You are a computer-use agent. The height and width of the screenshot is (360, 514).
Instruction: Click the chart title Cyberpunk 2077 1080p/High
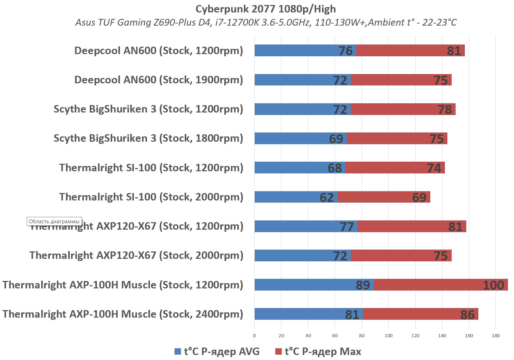(x=265, y=9)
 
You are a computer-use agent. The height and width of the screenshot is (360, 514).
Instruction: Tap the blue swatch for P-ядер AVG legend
(x=178, y=352)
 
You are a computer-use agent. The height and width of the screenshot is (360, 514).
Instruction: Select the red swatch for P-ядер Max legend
(x=279, y=352)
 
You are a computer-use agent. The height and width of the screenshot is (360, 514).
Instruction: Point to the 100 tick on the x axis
(x=388, y=335)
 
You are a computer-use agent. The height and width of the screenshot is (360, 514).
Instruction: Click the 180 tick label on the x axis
(x=495, y=335)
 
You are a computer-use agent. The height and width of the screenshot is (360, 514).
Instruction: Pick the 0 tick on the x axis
(x=254, y=335)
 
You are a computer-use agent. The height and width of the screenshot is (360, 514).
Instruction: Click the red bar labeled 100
(x=441, y=285)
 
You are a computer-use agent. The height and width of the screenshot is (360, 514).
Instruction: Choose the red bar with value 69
(x=384, y=197)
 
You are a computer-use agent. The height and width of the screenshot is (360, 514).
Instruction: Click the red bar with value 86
(x=420, y=314)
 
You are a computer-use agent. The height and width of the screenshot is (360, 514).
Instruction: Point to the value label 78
(x=445, y=109)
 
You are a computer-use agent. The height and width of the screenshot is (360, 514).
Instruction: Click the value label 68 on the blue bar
(x=335, y=168)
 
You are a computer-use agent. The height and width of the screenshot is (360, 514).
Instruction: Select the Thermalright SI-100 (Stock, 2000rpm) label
(x=151, y=197)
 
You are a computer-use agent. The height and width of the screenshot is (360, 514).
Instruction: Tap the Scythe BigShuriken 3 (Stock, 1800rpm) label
(x=148, y=138)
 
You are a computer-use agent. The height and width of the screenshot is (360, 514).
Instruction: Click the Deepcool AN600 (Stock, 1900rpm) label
(x=159, y=80)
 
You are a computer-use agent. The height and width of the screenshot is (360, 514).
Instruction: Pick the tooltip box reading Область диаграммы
(x=54, y=221)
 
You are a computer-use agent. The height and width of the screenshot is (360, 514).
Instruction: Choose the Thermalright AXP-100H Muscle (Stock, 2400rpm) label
(x=123, y=314)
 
